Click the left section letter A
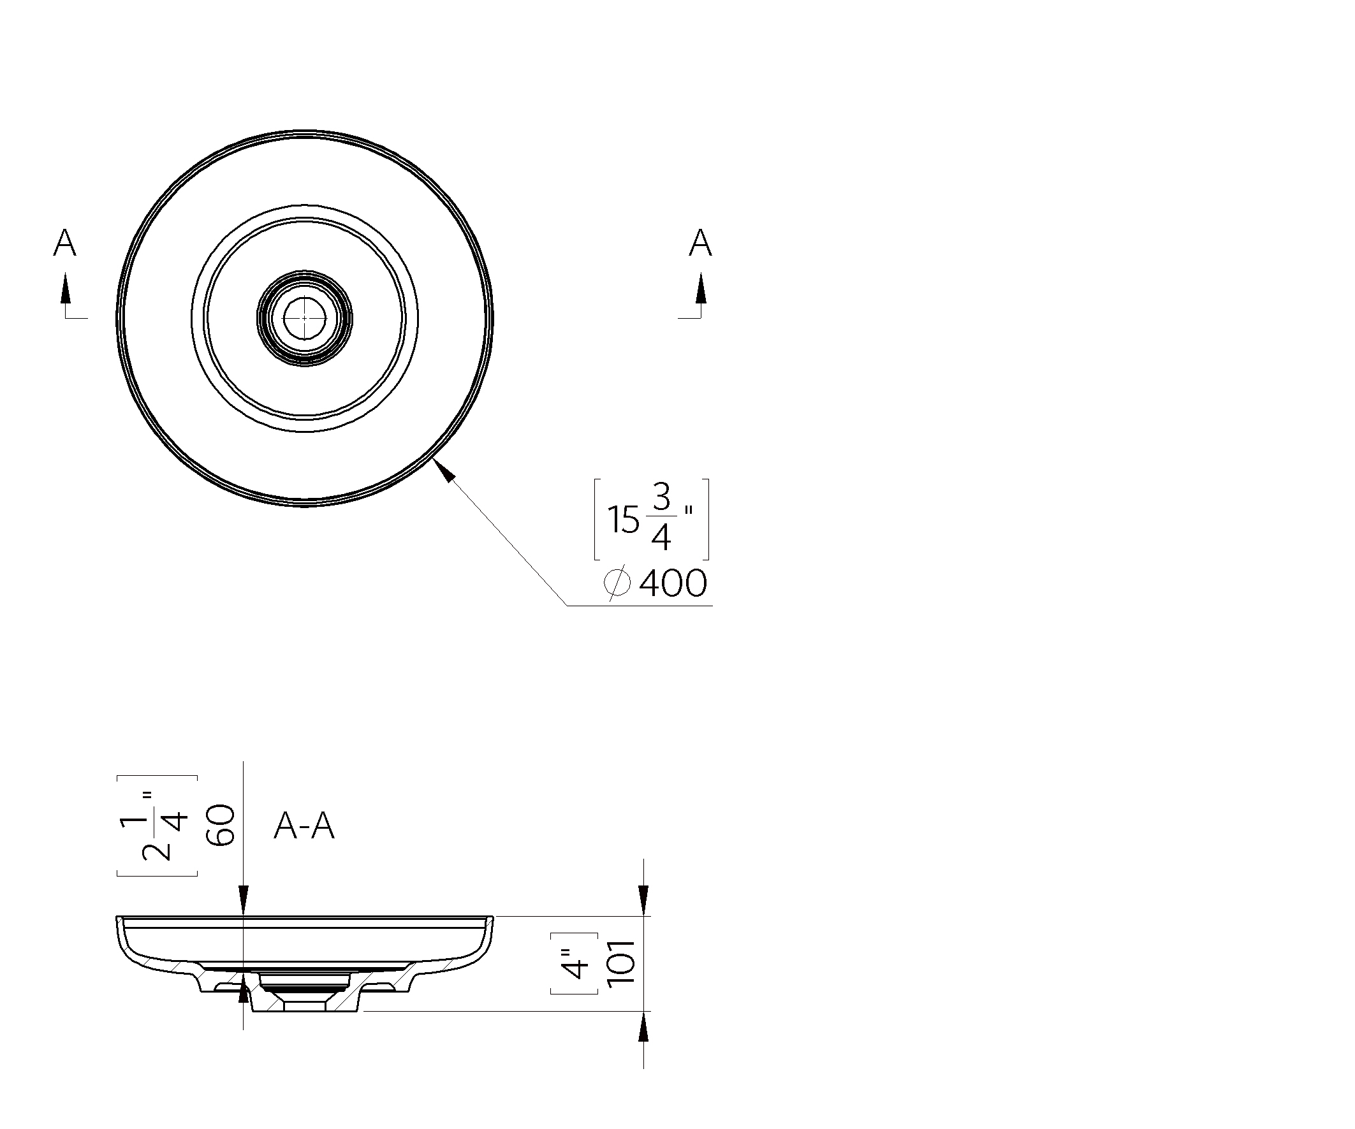(x=64, y=244)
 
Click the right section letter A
(x=700, y=244)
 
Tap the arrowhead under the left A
(x=65, y=288)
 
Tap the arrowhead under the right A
(x=701, y=288)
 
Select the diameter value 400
(x=673, y=583)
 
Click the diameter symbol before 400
(x=617, y=583)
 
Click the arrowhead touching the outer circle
(x=444, y=470)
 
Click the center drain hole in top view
(x=305, y=318)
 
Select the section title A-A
(x=305, y=826)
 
